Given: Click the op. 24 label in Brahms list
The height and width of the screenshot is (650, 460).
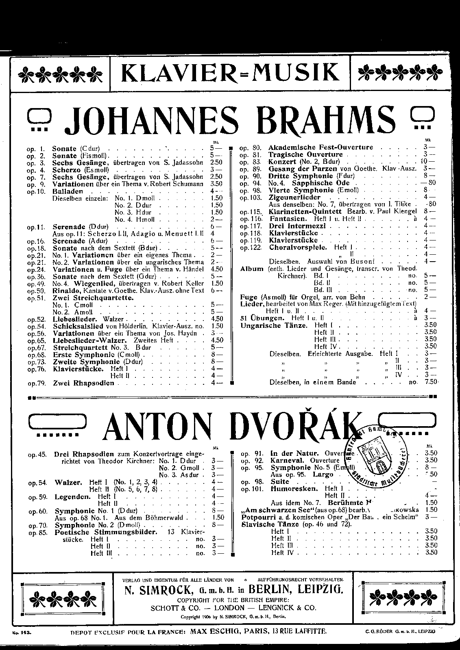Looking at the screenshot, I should point(36,269).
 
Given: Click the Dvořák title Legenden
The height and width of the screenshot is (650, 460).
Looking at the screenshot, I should point(72,496).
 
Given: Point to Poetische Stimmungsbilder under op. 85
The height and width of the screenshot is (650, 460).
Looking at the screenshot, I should point(106,532).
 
